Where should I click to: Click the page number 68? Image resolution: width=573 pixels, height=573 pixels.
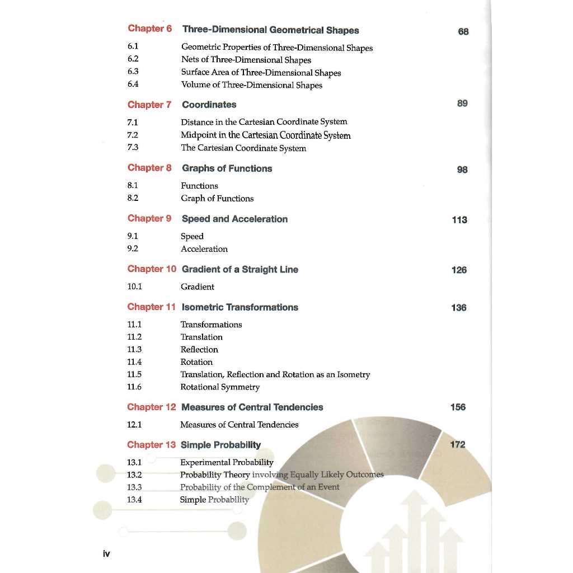(x=463, y=31)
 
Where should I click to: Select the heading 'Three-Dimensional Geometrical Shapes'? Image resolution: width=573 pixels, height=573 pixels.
(x=271, y=30)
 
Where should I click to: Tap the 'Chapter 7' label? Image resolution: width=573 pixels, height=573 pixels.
(x=149, y=105)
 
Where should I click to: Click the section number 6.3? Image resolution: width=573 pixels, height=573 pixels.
(x=133, y=72)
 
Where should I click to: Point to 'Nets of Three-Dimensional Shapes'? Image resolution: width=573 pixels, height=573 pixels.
(x=246, y=60)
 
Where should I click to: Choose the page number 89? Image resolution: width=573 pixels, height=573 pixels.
(x=462, y=104)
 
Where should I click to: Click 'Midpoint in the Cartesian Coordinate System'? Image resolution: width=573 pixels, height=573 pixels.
(x=265, y=135)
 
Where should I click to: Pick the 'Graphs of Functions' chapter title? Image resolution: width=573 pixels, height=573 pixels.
(x=227, y=168)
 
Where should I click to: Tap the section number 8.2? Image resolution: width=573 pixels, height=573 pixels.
(x=133, y=198)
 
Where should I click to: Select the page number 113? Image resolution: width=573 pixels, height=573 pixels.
(x=459, y=220)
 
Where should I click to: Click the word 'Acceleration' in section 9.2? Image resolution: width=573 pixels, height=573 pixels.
(x=204, y=249)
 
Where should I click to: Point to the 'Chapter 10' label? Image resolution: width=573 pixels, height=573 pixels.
(x=152, y=269)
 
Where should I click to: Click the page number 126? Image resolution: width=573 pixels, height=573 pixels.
(x=459, y=270)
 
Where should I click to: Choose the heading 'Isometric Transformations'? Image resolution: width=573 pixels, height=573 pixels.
(x=239, y=307)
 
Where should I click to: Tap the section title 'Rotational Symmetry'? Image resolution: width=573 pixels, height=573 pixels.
(x=220, y=387)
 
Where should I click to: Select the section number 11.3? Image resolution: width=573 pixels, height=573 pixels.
(x=134, y=349)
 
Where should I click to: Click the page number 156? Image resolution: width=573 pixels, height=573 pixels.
(x=458, y=407)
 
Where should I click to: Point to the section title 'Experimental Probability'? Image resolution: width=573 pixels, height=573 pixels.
(x=227, y=462)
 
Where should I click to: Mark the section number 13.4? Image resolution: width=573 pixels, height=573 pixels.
(x=134, y=500)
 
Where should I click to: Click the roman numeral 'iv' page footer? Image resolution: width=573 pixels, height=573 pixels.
(x=106, y=554)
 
